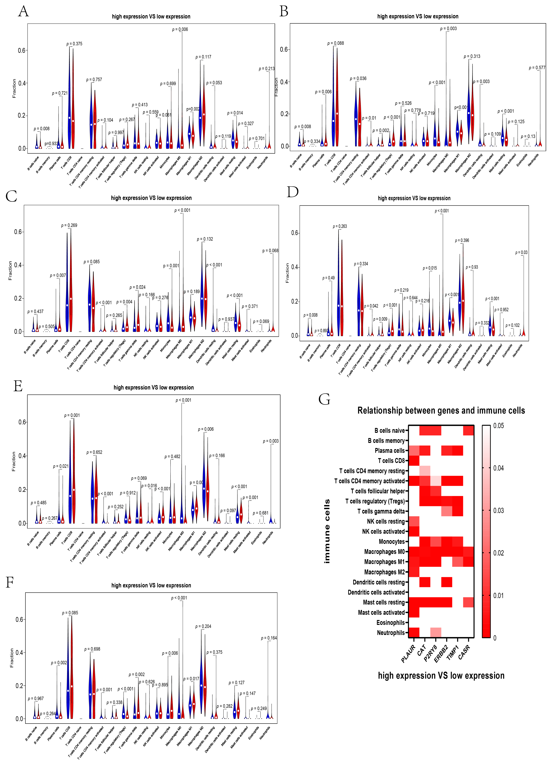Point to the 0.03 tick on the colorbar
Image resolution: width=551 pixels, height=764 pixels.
[x=498, y=510]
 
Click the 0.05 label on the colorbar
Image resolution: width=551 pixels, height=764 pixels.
[x=498, y=426]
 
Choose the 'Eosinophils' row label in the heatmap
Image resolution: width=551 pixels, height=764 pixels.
[x=390, y=623]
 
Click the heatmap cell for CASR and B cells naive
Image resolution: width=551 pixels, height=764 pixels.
[x=468, y=430]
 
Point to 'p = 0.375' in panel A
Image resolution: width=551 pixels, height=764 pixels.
[x=74, y=44]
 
